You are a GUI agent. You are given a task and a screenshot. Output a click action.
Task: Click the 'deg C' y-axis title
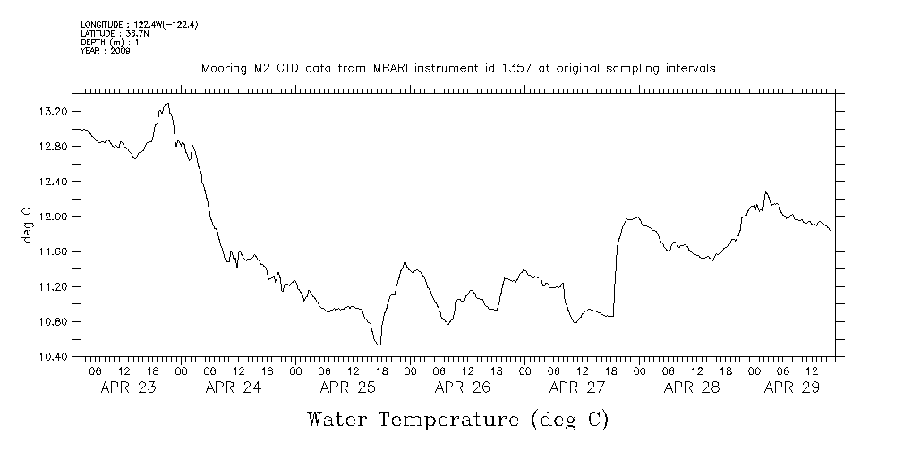pos(26,224)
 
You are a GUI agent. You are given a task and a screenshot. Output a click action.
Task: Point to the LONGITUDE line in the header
pos(139,25)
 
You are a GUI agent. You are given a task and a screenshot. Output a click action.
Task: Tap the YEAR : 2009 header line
pos(106,51)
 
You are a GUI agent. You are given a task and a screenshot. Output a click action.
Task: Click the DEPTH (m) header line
pos(113,42)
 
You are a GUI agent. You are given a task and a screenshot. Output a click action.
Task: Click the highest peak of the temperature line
pos(166,104)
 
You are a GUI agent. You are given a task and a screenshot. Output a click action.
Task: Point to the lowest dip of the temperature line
pos(379,345)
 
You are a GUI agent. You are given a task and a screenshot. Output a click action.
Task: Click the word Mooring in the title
pos(222,68)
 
